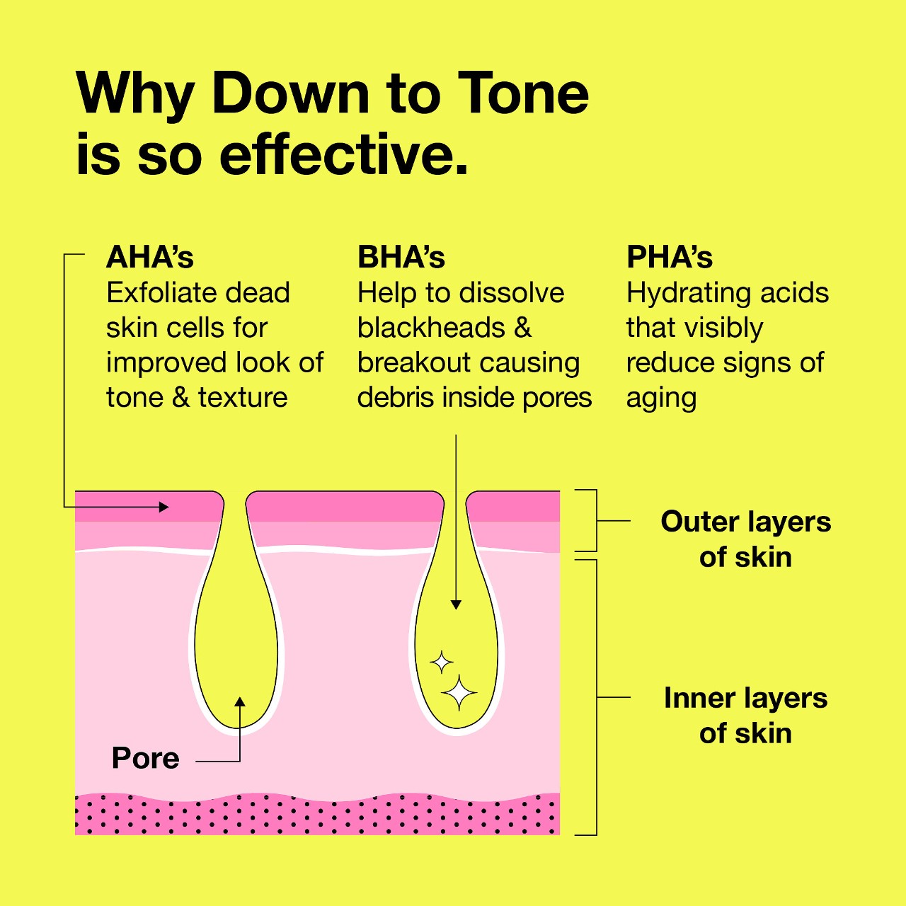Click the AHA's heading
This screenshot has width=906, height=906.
click(150, 258)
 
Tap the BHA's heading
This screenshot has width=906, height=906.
click(401, 258)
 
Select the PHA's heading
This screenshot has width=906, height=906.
click(670, 258)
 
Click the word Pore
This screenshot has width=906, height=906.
click(146, 758)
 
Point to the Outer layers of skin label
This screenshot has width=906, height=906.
click(745, 539)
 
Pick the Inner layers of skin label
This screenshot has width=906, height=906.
click(745, 715)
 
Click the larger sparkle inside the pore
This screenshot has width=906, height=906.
click(459, 692)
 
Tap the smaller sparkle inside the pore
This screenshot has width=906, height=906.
click(442, 663)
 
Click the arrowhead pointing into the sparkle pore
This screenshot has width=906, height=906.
click(456, 604)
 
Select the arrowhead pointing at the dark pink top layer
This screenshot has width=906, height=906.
click(164, 507)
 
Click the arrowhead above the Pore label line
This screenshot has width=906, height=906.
click(240, 701)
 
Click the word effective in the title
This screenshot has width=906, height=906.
click(343, 154)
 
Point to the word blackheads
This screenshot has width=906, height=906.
click(431, 328)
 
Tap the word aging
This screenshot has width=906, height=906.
click(661, 398)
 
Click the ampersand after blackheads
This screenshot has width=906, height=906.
click(522, 328)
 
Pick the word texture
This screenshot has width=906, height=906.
click(243, 398)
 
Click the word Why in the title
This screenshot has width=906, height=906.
click(135, 93)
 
